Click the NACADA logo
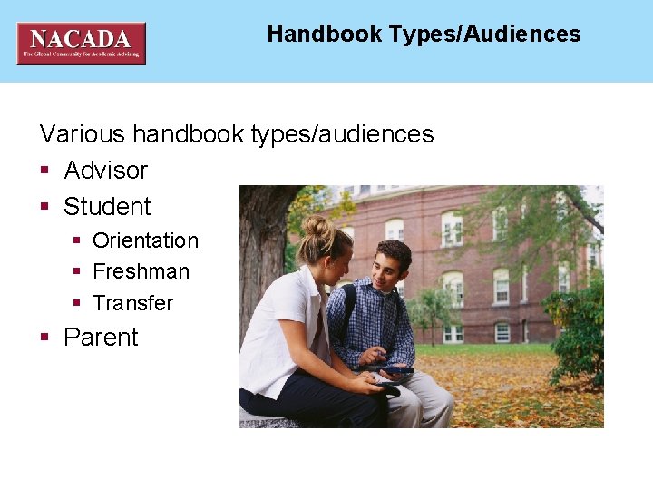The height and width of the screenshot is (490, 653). tap(81, 43)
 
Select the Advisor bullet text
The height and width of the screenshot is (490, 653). tap(105, 171)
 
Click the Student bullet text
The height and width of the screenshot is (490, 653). tap(107, 207)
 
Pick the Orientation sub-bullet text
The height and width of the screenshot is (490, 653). tap(145, 240)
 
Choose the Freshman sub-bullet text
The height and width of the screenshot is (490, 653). tap(141, 271)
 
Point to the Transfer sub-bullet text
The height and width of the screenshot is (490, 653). tap(132, 302)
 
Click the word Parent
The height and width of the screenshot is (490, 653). tap(101, 338)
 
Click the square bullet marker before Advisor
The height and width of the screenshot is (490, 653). tap(44, 171)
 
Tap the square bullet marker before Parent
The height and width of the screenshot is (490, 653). tap(44, 338)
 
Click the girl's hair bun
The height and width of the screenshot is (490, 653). tap(318, 224)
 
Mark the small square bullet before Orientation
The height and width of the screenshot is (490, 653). tap(78, 241)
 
